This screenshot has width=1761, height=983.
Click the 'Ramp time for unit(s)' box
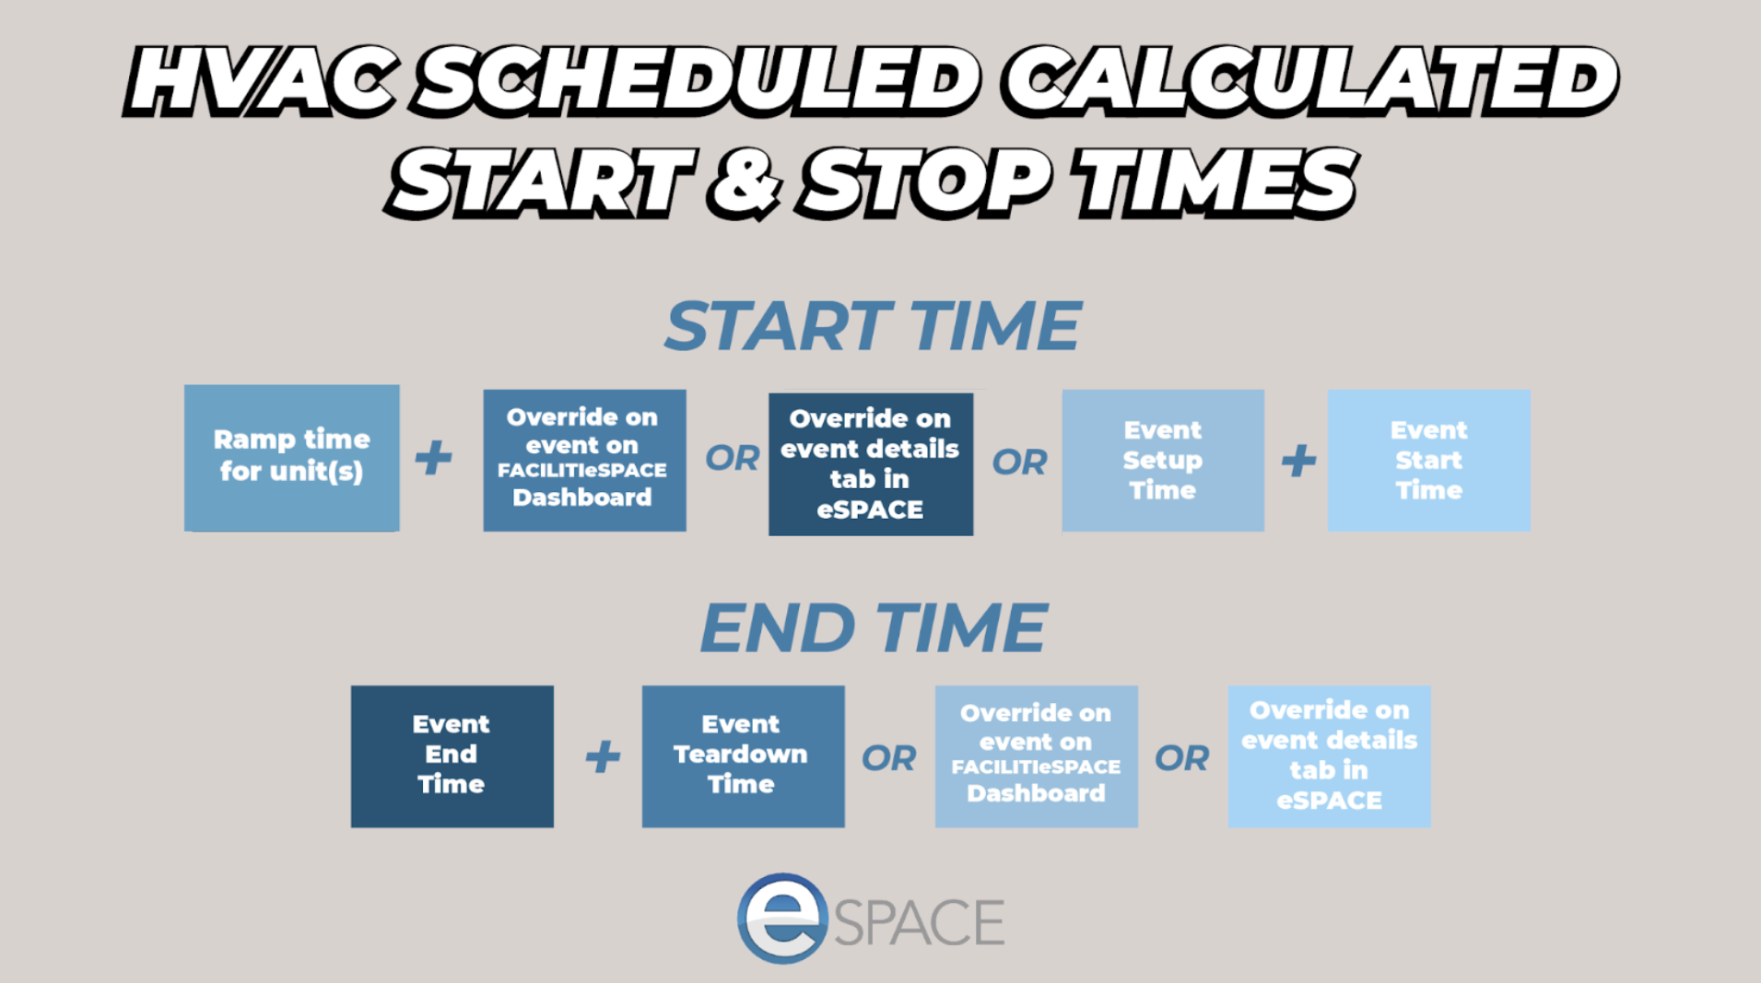(x=291, y=458)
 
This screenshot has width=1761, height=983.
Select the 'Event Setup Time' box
(x=1163, y=460)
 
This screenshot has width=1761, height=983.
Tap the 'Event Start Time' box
(x=1428, y=460)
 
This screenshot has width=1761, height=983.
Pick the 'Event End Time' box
(x=452, y=755)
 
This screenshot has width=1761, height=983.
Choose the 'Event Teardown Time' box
(x=743, y=755)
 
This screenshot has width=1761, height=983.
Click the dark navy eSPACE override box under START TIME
(x=871, y=463)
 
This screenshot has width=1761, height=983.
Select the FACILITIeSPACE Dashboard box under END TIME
(x=1036, y=755)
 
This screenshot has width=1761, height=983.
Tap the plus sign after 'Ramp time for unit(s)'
(x=433, y=458)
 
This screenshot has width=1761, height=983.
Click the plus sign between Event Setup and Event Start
(x=1298, y=461)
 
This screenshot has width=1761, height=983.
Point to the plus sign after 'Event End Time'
(x=603, y=757)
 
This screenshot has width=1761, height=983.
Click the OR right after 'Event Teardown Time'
(x=889, y=758)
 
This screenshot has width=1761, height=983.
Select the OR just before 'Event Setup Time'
(x=1019, y=462)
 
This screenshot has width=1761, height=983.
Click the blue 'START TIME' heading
(x=873, y=326)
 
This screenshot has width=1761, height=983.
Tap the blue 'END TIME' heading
(x=874, y=628)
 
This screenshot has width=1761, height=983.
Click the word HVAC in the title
(x=262, y=81)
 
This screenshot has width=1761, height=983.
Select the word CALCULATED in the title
(x=1310, y=81)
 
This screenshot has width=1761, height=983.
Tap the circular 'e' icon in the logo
(x=782, y=918)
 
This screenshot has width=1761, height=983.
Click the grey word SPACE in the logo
(x=920, y=922)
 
